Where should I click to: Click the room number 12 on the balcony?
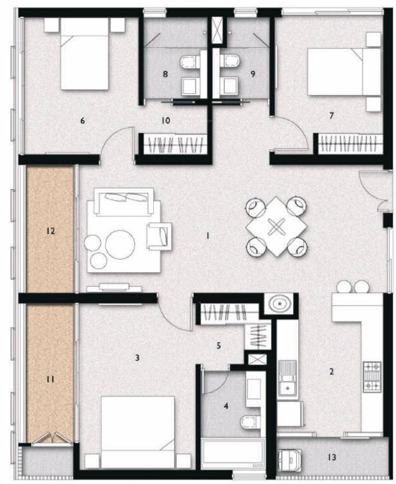pos(50,231)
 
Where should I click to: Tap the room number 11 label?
pos(50,379)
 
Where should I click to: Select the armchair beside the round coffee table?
pos(158,236)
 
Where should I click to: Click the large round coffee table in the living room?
pos(120,244)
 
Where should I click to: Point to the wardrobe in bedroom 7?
pos(348,145)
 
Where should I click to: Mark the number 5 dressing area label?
pos(219,345)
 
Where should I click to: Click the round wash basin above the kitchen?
pos(277,305)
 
